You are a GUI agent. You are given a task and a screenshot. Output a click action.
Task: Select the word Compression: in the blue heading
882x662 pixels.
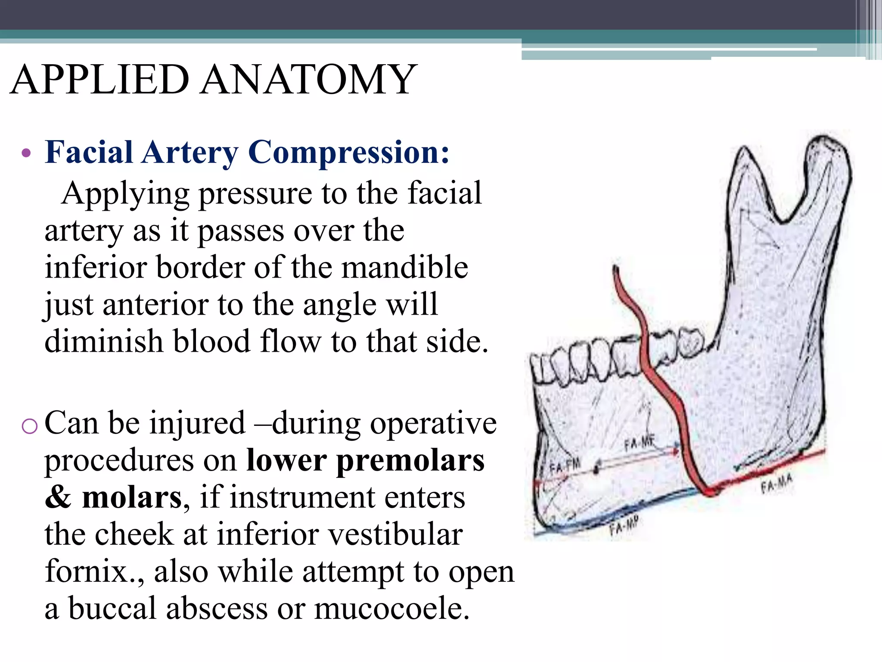click(349, 153)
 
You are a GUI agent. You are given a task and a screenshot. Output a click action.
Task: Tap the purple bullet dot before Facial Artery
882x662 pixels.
click(26, 153)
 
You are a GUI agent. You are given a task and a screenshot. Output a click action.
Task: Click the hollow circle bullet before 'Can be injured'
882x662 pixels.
click(29, 426)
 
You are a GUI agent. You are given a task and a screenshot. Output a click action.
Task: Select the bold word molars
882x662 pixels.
click(132, 497)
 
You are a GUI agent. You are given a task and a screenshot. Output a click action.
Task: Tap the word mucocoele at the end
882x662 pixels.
click(391, 608)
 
